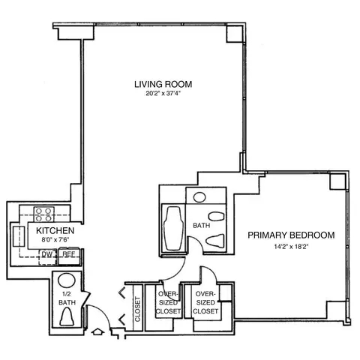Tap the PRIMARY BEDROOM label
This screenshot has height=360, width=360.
(x=291, y=235)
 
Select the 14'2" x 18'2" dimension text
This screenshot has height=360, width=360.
(x=291, y=246)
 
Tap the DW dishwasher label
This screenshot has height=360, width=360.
(x=47, y=254)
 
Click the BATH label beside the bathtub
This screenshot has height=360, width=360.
(x=201, y=224)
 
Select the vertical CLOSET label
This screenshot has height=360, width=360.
(x=138, y=308)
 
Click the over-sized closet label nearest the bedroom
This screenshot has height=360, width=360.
(x=205, y=301)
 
